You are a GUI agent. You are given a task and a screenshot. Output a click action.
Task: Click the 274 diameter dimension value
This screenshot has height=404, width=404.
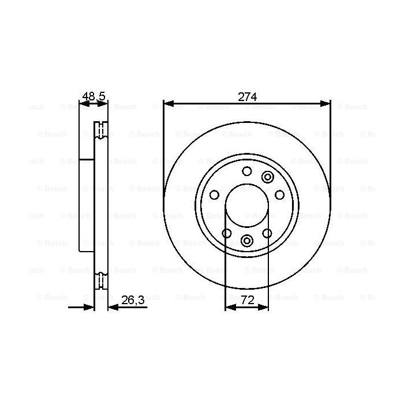click(247, 97)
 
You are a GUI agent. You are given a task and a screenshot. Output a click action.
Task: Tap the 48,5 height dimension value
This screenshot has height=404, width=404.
click(94, 97)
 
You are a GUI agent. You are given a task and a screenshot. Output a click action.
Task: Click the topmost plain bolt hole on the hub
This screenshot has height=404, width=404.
click(247, 171)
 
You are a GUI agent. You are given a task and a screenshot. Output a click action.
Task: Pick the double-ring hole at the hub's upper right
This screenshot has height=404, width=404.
click(268, 177)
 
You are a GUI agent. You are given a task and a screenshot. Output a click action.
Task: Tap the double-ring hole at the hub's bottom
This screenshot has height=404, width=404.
click(247, 241)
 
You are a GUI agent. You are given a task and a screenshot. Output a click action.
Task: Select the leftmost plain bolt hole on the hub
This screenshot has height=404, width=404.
click(214, 194)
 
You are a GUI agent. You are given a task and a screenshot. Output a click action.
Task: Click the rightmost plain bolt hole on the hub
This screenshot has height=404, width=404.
click(280, 194)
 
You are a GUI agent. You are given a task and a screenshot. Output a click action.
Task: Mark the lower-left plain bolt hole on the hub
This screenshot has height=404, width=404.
click(227, 233)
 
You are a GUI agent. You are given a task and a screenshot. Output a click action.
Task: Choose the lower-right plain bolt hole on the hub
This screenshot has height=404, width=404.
click(267, 233)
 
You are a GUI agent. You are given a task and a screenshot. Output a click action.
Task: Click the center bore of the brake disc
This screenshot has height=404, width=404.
click(247, 206)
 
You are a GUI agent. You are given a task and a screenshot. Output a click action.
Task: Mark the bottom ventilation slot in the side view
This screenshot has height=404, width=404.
click(101, 280)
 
